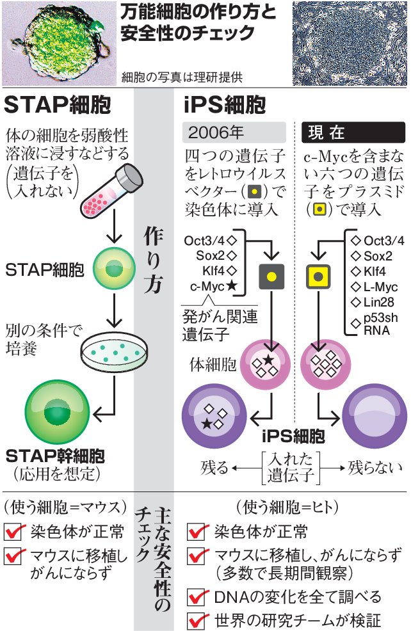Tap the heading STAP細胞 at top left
pyautogui.click(x=57, y=104)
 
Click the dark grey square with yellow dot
pyautogui.click(x=271, y=276)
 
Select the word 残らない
pyautogui.click(x=376, y=467)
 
